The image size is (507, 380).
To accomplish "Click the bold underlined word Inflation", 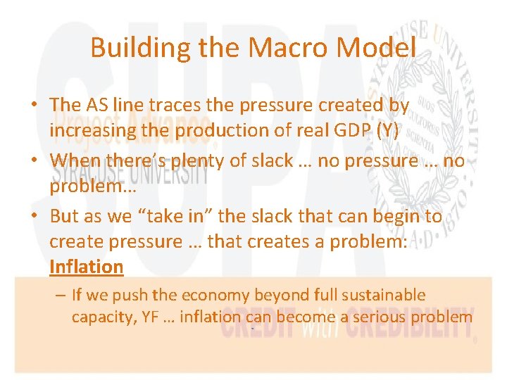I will tap(86, 267).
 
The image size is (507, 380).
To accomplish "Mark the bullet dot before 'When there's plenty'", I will tap(34, 161).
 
